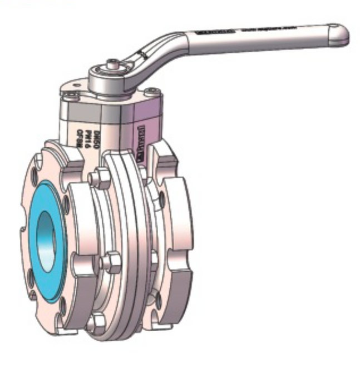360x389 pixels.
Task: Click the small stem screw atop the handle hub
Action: [114, 64]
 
